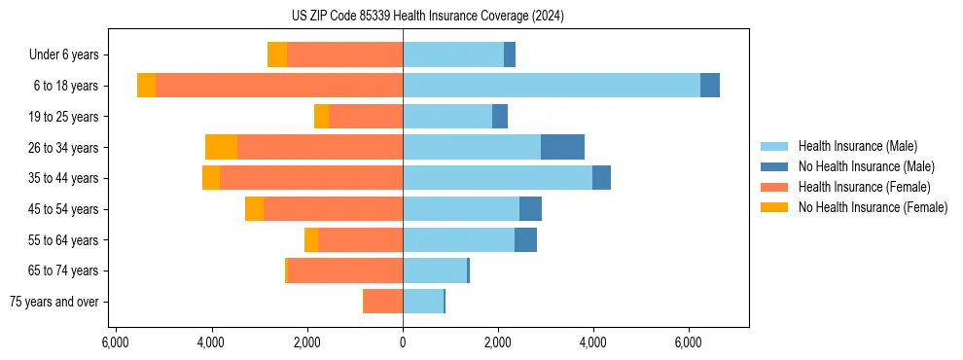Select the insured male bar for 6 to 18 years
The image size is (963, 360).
(x=551, y=86)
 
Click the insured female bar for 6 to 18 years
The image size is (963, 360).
(x=278, y=86)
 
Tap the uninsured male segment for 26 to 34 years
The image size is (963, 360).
(x=562, y=147)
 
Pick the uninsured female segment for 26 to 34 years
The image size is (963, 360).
(x=222, y=147)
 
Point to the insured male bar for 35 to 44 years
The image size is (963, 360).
(x=497, y=178)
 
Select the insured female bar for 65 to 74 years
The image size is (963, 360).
(x=345, y=270)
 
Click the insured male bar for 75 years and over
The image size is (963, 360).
(x=423, y=302)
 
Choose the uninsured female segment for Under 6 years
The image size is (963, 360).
(x=277, y=54)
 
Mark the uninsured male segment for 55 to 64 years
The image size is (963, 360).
(x=525, y=239)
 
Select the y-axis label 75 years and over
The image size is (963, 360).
(x=54, y=302)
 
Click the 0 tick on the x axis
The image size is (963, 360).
(x=403, y=342)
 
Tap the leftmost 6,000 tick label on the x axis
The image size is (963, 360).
(x=116, y=342)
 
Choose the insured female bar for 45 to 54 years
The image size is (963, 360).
(x=333, y=209)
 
